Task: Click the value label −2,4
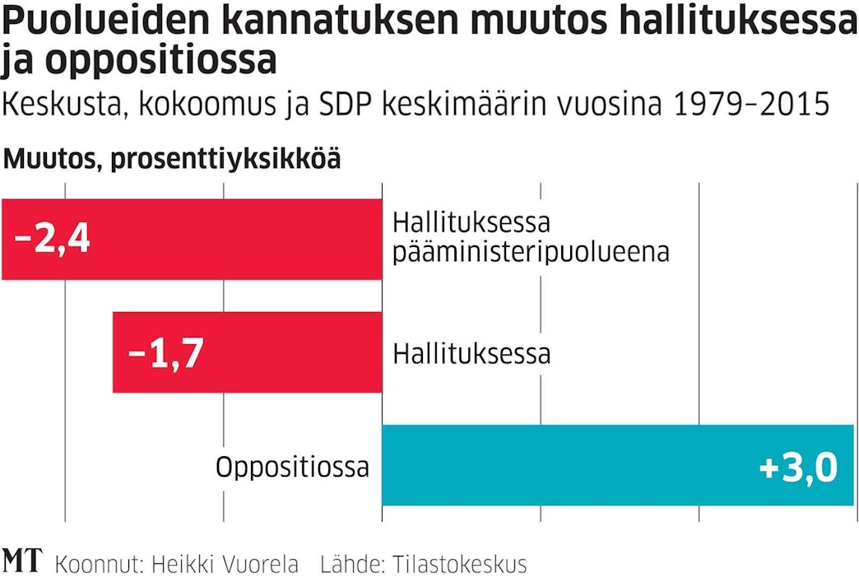click(52, 240)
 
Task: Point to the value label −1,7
click(165, 353)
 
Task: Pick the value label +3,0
click(798, 467)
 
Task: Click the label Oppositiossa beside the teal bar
click(292, 467)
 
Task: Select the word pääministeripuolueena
click(531, 252)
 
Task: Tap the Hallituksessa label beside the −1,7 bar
click(471, 354)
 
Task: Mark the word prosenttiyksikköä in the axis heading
click(225, 159)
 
